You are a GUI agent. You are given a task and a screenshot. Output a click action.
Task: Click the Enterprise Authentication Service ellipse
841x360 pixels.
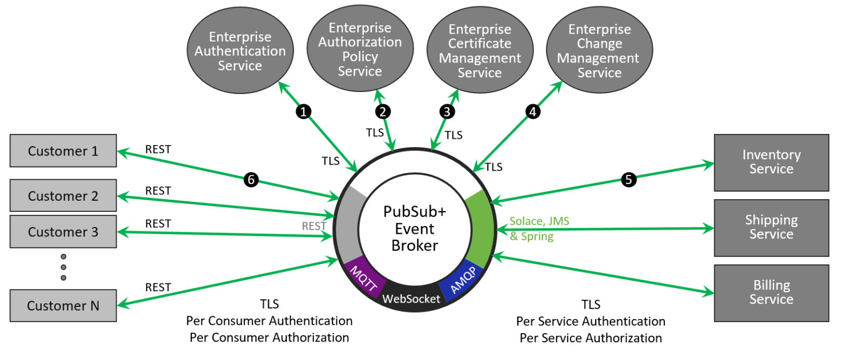(240, 51)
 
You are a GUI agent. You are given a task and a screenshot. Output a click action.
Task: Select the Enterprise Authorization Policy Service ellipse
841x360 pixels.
(360, 49)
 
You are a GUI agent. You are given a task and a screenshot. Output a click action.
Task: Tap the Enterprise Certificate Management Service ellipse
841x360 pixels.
(480, 51)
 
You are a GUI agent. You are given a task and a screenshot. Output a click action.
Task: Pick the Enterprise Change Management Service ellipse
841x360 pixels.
(599, 51)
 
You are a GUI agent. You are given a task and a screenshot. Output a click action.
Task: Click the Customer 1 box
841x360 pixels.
(63, 151)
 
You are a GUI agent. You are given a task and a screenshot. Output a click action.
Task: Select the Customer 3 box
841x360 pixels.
(63, 232)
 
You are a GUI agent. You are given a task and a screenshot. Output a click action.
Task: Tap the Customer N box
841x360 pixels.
(63, 305)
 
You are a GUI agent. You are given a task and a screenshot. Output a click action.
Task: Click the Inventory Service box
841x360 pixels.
(771, 162)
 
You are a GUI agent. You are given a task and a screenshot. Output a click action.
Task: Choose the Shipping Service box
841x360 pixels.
(771, 228)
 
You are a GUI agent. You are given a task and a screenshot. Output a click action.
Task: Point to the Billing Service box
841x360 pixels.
(771, 293)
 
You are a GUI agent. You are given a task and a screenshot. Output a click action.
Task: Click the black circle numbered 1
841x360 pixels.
(303, 111)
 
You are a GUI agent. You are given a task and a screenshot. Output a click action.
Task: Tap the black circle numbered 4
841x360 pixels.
(532, 111)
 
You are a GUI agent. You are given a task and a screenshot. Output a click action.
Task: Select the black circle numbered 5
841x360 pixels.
(628, 180)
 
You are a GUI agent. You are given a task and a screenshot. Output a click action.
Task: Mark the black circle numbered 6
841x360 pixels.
(251, 180)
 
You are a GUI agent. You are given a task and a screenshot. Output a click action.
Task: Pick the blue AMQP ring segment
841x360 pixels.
(463, 280)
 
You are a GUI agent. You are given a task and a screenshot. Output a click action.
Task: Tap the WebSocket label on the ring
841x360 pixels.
(411, 299)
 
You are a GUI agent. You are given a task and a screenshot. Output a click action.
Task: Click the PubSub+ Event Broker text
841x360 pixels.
(415, 229)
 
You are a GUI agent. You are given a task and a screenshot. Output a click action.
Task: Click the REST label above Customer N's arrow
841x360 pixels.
(158, 287)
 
